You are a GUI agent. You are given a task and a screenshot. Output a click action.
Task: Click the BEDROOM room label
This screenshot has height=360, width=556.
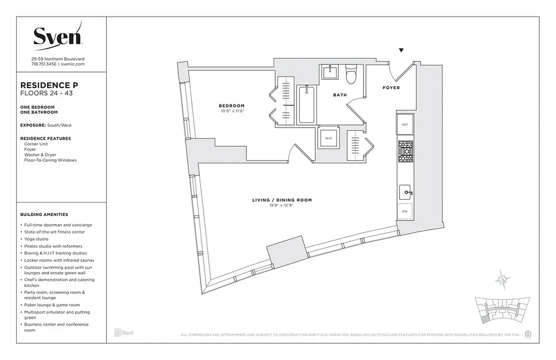[x=232, y=106]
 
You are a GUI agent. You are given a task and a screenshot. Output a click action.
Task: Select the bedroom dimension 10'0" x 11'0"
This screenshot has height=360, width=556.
[x=232, y=111]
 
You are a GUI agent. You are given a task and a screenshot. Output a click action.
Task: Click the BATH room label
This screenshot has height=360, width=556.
[x=340, y=95]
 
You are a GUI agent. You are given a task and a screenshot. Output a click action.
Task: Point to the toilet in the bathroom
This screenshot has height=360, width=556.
[x=351, y=75]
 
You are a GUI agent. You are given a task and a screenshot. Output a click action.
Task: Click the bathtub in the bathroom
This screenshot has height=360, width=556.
[x=307, y=104]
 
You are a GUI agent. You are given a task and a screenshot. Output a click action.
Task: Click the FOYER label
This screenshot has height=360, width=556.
[x=391, y=88]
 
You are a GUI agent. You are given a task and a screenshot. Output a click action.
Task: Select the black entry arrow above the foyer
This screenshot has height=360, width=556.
[x=401, y=50]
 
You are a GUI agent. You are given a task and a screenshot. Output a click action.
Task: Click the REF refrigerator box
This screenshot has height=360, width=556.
[x=405, y=124]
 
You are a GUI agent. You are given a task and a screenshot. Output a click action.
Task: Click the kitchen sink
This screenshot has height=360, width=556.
[x=405, y=193]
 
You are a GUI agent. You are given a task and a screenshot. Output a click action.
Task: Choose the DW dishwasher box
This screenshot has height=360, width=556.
[x=405, y=211]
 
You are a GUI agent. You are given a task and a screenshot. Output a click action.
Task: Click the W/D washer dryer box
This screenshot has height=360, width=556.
[x=328, y=139]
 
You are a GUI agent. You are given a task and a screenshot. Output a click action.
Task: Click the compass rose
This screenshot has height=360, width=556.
[x=502, y=279]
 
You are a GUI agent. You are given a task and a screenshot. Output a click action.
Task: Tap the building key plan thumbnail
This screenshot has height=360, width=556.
[x=503, y=310]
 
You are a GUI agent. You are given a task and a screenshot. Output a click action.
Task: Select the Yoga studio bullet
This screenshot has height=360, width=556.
[x=40, y=239]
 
